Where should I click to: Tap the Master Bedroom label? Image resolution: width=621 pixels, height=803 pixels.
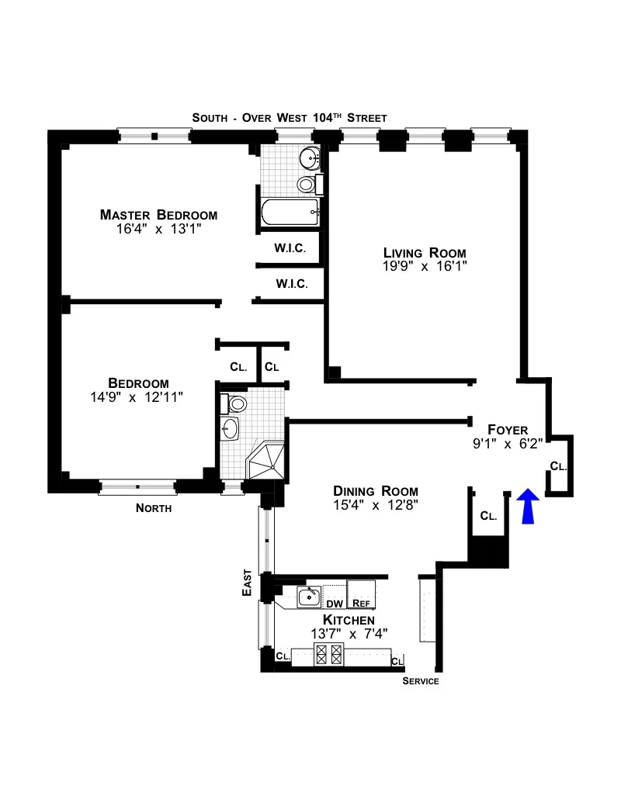158,215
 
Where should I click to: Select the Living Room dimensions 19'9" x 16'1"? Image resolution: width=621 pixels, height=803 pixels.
425,266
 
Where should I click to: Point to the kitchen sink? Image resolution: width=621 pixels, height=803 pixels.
309,597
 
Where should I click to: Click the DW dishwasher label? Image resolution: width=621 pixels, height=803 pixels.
334,604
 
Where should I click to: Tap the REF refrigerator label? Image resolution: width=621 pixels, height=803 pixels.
361,604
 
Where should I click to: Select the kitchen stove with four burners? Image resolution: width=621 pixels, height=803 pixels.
328,655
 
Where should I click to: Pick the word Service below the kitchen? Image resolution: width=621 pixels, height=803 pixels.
421,681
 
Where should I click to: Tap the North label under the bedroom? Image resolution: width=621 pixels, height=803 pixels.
154,508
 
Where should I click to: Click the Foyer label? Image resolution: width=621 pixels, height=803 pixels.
508,429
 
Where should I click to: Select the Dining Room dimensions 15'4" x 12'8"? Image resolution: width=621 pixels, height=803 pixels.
376,504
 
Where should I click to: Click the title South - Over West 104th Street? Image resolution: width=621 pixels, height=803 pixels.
290,117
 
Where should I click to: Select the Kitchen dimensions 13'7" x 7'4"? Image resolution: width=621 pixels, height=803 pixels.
349,633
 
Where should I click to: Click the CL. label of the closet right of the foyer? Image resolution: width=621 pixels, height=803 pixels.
558,466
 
